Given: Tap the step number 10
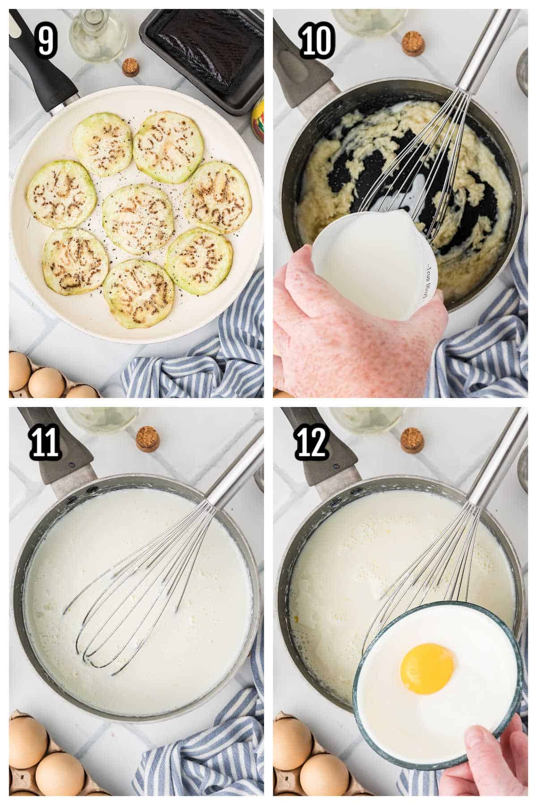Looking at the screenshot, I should (x=316, y=42).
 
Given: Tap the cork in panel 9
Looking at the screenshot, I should (x=130, y=67).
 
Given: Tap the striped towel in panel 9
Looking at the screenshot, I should (x=210, y=353).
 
